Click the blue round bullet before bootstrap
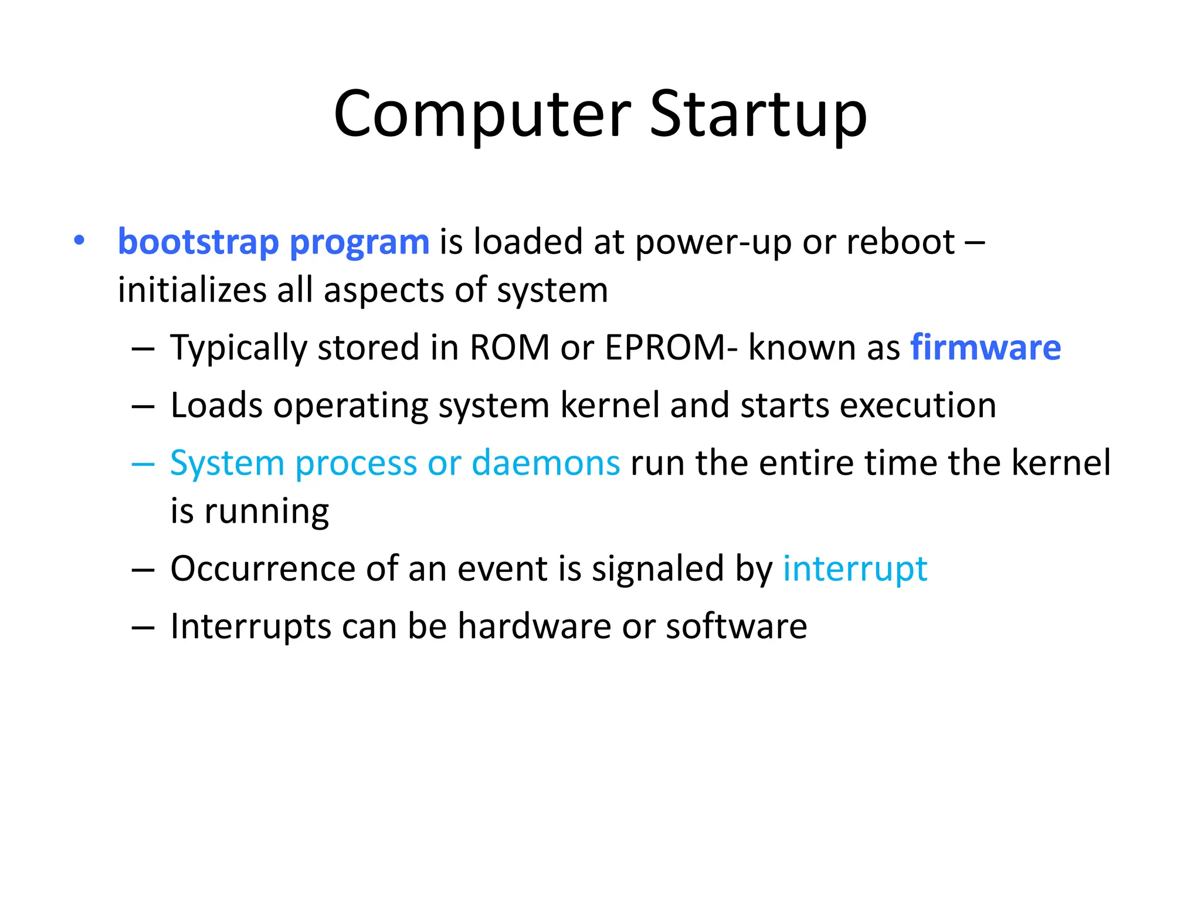tap(79, 241)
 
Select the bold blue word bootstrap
tap(198, 242)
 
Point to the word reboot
tap(901, 242)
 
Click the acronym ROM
tap(510, 347)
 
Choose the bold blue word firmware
tap(985, 347)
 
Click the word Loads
tap(216, 405)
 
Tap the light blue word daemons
tap(545, 463)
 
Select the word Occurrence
tap(263, 568)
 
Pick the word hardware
tap(534, 626)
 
